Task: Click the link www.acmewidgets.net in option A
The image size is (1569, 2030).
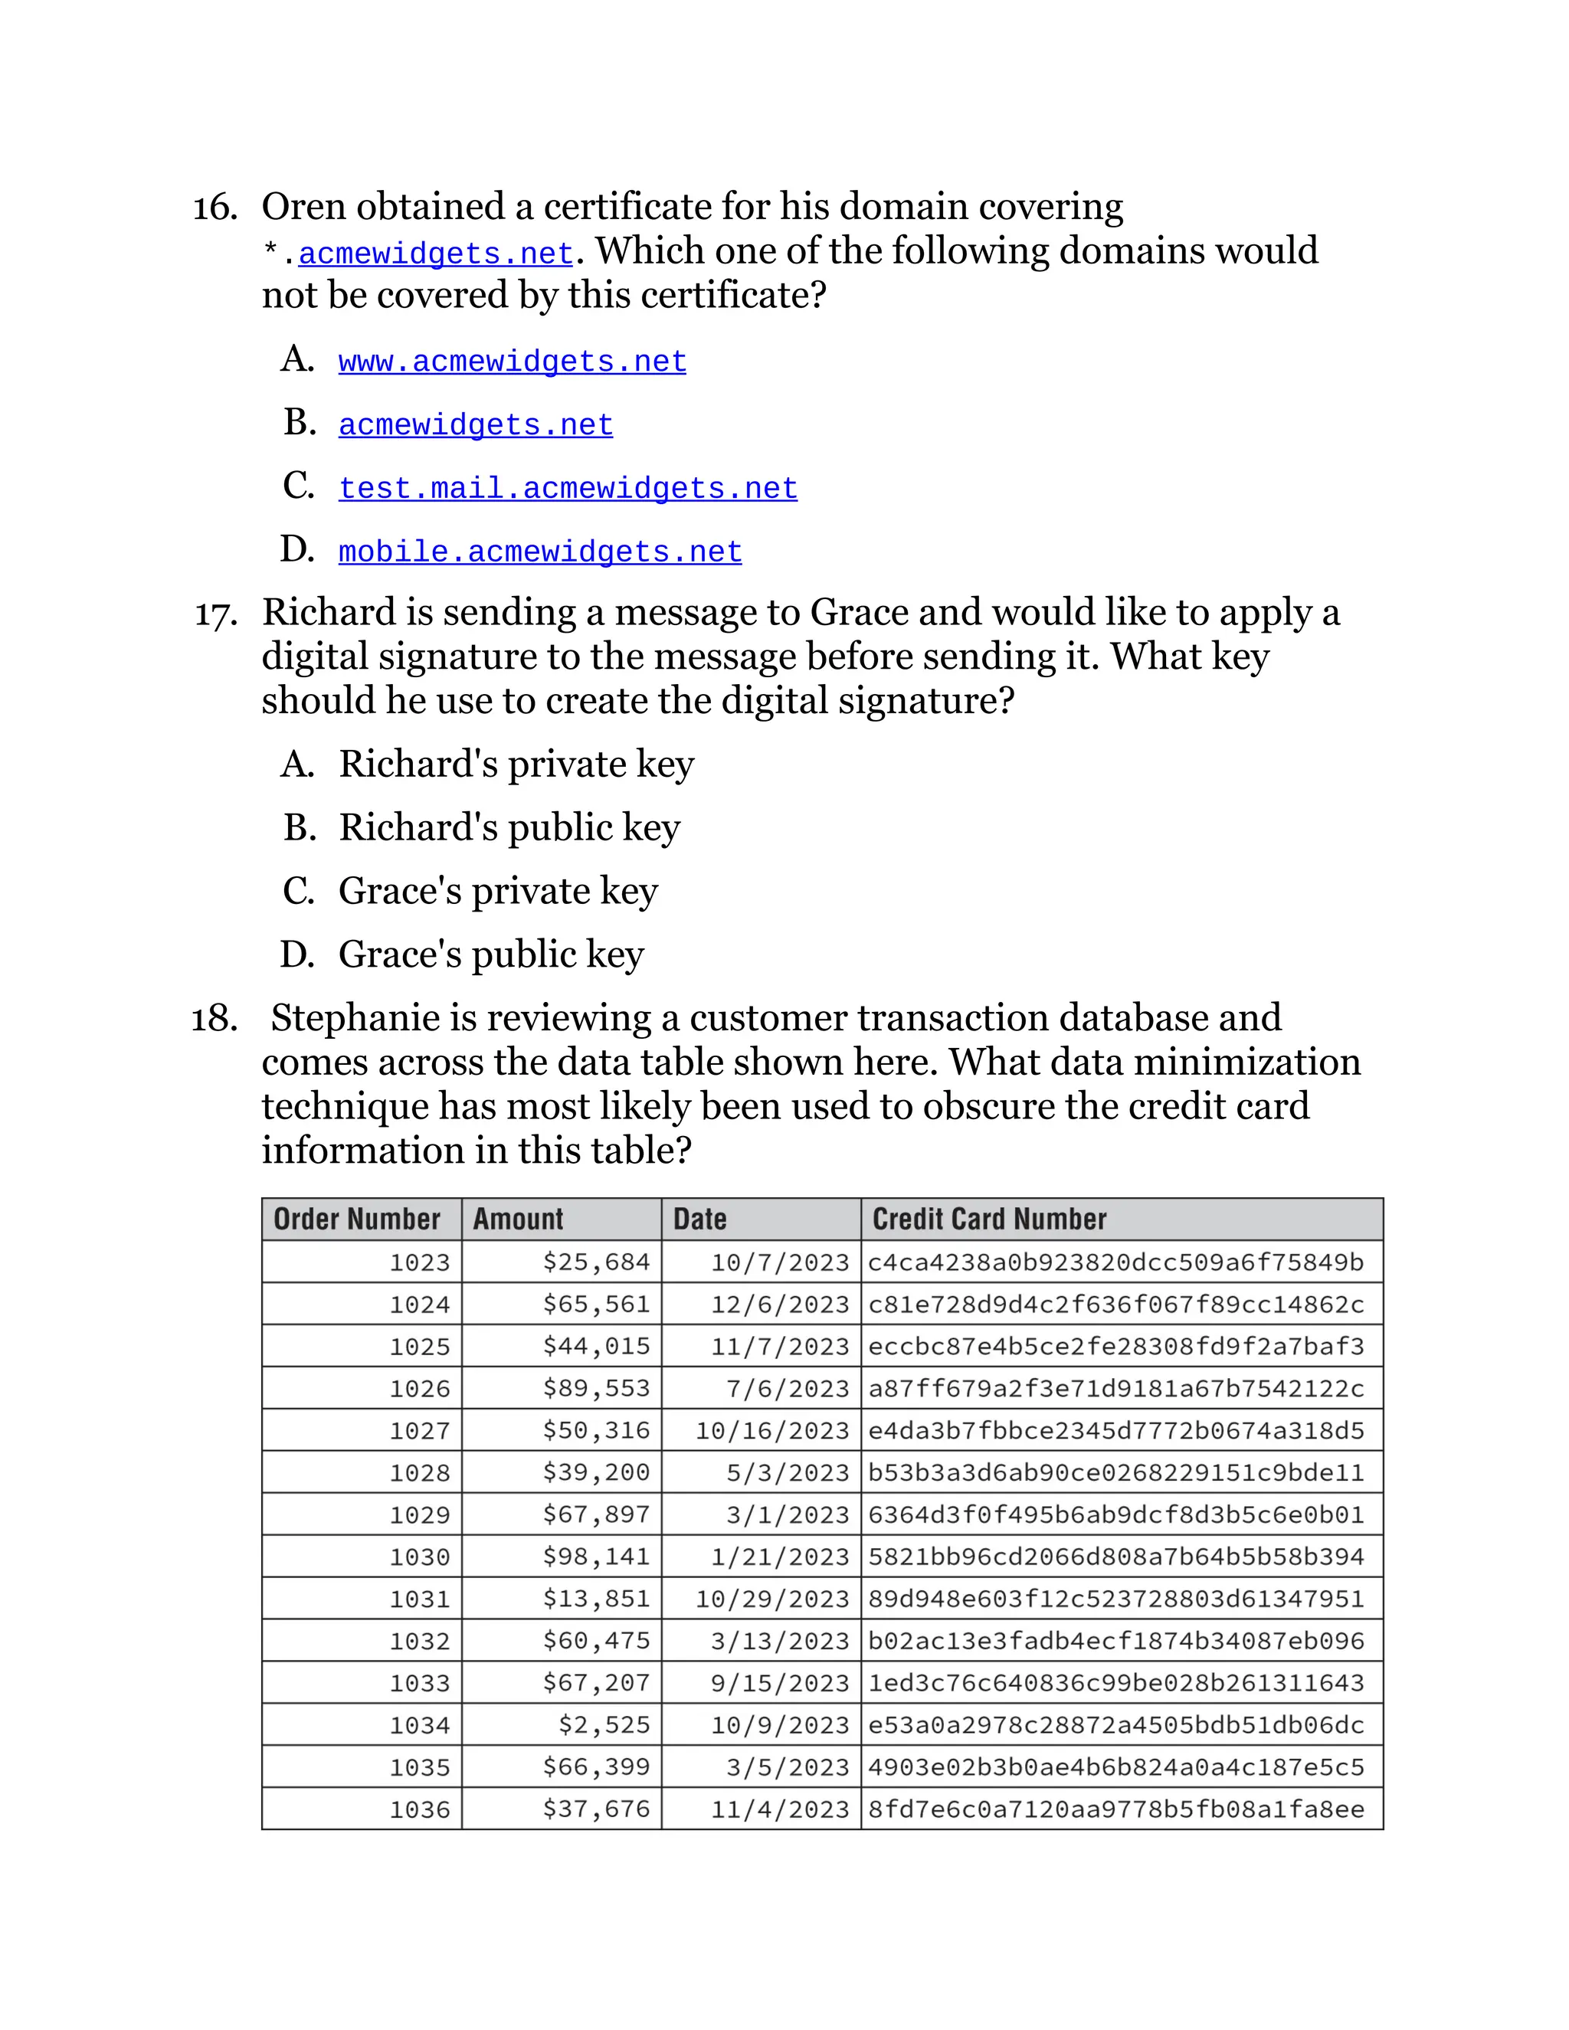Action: pos(513,362)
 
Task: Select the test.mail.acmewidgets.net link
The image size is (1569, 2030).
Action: pos(567,489)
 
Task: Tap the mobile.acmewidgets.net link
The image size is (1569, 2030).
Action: pos(540,552)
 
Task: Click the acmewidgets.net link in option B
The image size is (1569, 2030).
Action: pos(475,426)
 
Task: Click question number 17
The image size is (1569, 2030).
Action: pos(215,614)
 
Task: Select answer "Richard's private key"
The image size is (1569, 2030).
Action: pos(516,764)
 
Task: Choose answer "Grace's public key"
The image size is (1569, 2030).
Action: pos(491,954)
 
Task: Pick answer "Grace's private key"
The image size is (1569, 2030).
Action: pos(497,892)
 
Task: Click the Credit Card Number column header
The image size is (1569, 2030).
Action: pos(989,1219)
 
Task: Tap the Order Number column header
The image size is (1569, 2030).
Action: pos(357,1219)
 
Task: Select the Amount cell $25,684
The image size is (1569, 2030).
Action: pos(596,1262)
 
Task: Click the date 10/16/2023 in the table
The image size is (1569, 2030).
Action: pos(771,1430)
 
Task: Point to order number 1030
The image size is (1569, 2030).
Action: pos(419,1557)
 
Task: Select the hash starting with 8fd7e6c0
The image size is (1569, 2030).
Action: pos(1115,1809)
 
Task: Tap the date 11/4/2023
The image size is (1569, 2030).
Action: pos(780,1809)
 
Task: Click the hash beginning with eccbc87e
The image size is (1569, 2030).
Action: pos(1115,1347)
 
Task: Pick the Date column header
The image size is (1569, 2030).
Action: pos(700,1219)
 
